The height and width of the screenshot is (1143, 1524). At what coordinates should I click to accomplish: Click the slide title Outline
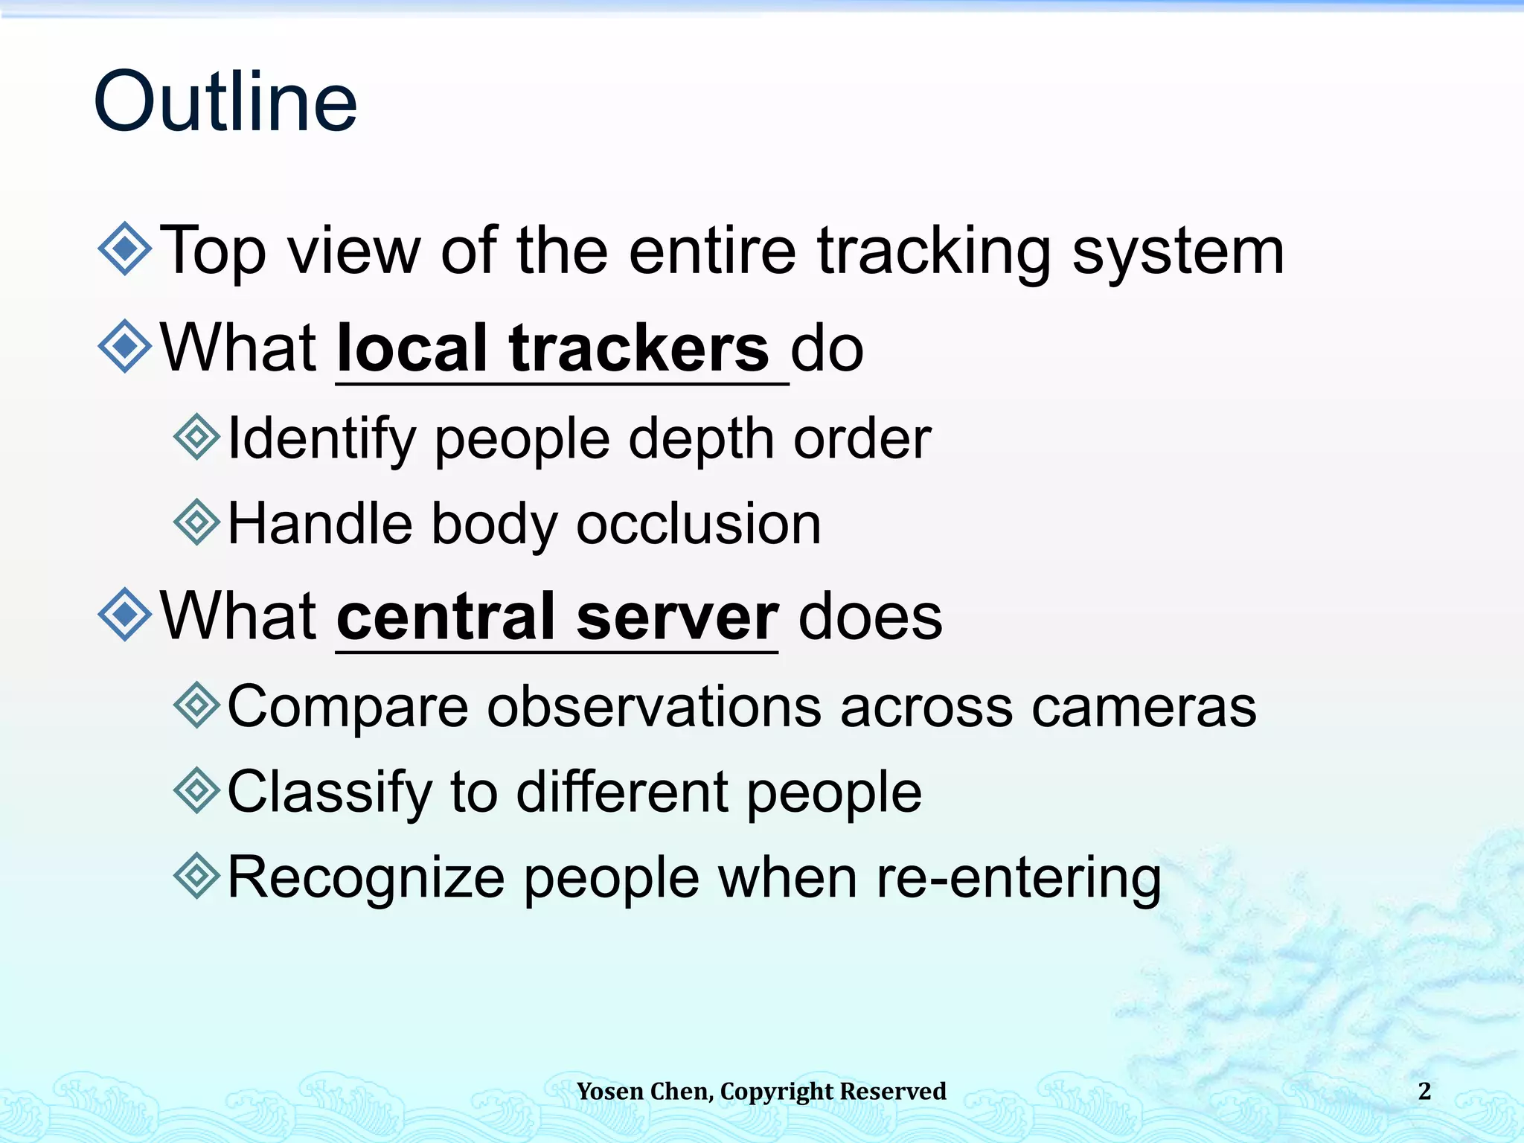[225, 102]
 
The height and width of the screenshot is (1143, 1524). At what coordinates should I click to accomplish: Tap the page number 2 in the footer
[1424, 1091]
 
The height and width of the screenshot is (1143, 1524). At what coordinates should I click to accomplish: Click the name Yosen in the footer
[609, 1091]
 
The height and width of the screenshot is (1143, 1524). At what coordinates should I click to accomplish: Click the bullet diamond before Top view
[124, 249]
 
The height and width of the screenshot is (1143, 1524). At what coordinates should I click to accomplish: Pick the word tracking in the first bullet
[934, 252]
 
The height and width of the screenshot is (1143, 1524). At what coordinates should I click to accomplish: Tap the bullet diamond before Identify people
[196, 437]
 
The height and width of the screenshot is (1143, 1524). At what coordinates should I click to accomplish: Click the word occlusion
[699, 524]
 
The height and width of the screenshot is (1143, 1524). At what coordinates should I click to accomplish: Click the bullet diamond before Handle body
[196, 522]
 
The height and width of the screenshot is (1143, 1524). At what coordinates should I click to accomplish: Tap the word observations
[654, 706]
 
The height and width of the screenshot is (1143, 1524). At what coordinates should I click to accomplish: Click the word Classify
[329, 793]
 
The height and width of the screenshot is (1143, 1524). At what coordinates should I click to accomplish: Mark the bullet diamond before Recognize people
[196, 876]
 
